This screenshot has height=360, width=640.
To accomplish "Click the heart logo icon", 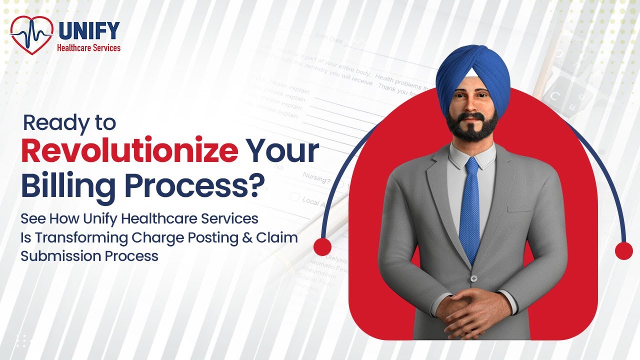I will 31,34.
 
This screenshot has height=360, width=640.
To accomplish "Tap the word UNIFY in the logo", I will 89,31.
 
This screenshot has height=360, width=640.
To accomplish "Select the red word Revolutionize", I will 129,150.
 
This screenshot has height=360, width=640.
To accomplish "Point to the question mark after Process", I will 256,184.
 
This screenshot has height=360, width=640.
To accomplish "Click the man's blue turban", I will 472,70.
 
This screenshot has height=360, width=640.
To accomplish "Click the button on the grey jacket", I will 473,278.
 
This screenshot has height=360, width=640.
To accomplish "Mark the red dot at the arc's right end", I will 623,251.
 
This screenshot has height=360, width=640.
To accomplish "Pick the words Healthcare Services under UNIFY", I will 89,48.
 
